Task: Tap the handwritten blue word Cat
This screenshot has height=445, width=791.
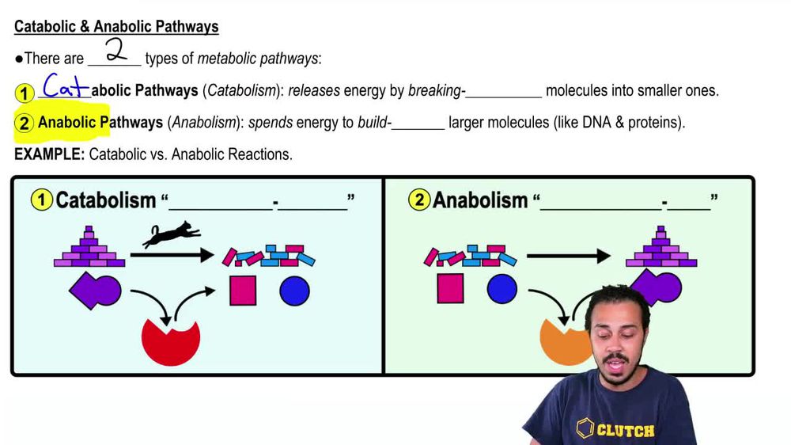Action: (65, 86)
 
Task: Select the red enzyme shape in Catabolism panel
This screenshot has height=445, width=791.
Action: (170, 340)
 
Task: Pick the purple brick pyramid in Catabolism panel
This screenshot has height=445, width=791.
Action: (89, 248)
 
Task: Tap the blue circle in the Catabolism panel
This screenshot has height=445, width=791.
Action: (294, 291)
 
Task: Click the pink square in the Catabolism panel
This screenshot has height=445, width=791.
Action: (243, 291)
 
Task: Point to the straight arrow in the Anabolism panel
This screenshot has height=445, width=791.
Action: (569, 256)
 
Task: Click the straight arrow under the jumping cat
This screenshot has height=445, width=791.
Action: (172, 255)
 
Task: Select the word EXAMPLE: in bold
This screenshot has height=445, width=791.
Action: (49, 154)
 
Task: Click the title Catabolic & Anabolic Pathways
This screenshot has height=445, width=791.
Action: (116, 27)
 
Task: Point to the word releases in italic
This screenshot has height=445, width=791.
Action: (313, 90)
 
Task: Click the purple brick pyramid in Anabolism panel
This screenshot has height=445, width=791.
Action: (661, 248)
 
